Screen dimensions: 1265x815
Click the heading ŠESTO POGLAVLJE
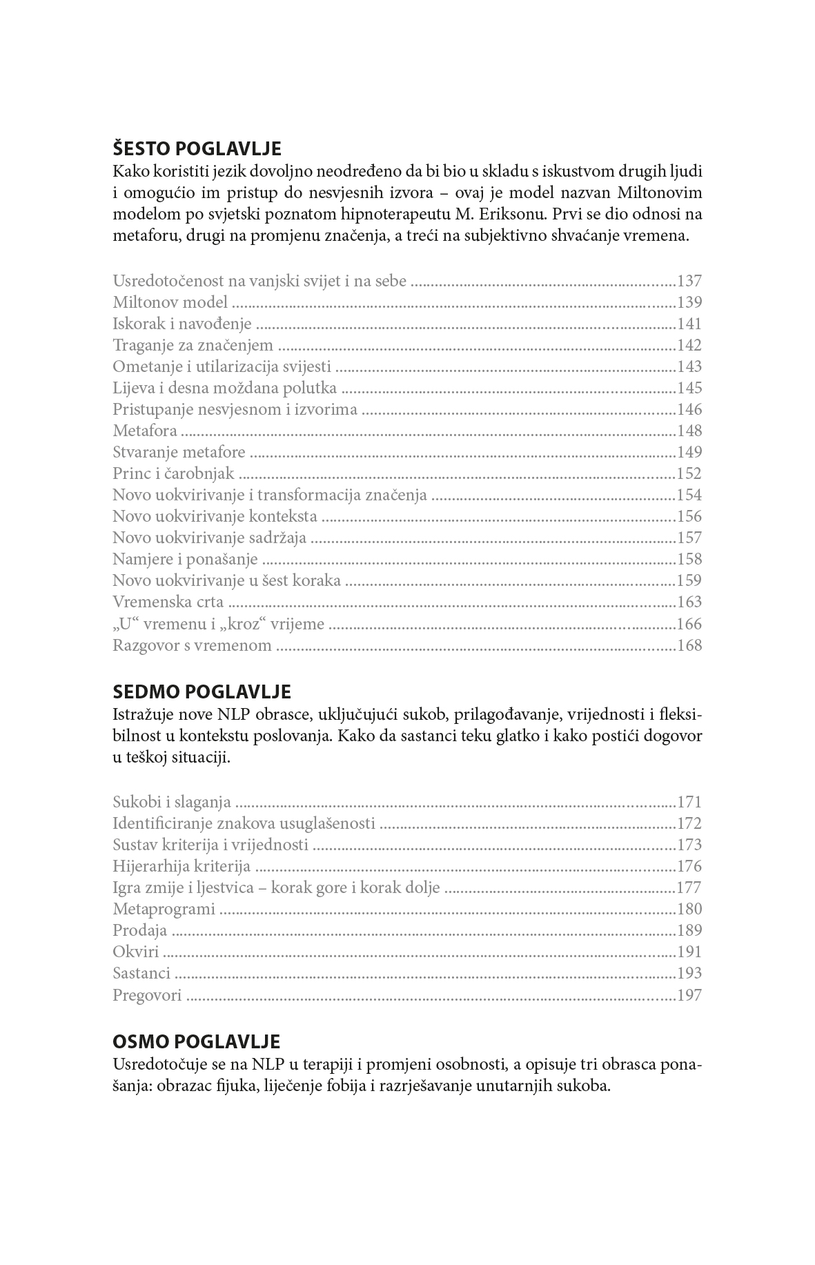point(197,149)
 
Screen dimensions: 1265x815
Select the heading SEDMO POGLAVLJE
point(202,692)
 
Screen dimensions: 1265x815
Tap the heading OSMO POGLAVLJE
point(196,1041)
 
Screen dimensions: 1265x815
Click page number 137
point(689,282)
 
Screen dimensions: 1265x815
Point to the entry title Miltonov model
point(170,303)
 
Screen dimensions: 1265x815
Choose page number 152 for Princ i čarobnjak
point(689,474)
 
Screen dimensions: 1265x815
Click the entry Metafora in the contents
point(145,431)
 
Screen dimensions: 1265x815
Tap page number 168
point(689,646)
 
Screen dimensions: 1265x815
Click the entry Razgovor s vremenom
point(192,646)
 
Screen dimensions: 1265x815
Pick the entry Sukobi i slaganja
point(172,803)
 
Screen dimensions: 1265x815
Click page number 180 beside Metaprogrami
point(689,910)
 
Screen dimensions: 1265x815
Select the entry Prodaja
point(140,931)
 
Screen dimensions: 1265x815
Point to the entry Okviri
point(136,952)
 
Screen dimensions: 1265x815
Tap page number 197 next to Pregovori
point(689,995)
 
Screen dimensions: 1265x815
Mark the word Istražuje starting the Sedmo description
point(142,714)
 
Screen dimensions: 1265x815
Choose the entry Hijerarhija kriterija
point(181,867)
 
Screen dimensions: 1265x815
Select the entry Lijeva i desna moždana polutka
point(224,389)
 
